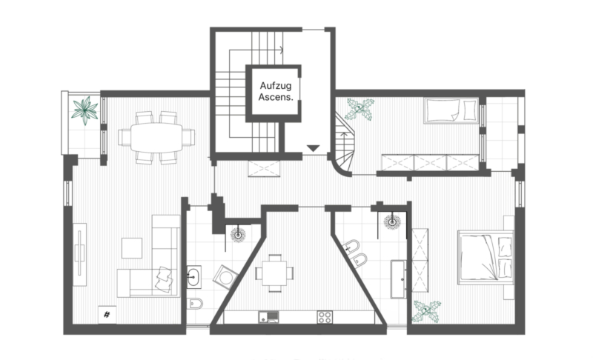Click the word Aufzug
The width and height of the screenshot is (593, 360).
[x=276, y=86]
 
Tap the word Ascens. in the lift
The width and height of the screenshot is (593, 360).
[x=276, y=97]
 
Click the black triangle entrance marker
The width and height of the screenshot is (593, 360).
[x=313, y=148]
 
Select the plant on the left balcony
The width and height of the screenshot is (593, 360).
[x=85, y=110]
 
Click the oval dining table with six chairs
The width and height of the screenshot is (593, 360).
[x=156, y=138]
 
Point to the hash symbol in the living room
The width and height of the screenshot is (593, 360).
[x=107, y=314]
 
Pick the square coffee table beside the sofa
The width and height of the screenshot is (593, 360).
[x=132, y=248]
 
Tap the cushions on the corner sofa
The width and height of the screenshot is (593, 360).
[x=164, y=279]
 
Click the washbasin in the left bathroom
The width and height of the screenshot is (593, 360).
[x=193, y=277]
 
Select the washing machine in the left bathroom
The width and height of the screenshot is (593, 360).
[x=225, y=277]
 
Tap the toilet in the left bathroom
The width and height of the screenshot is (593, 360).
[x=195, y=303]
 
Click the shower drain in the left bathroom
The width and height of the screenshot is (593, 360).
[x=238, y=235]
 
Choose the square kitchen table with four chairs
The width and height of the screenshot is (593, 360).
[x=274, y=273]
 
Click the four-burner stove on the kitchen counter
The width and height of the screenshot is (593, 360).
[x=325, y=317]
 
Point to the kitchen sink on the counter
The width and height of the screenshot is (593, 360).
[x=268, y=317]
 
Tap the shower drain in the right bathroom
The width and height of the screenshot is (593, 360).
[x=392, y=221]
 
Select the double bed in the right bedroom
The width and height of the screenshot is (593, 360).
[x=486, y=257]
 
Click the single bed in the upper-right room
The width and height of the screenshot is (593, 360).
[x=451, y=110]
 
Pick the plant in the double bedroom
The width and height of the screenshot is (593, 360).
[x=426, y=311]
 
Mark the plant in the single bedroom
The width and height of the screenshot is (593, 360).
[x=360, y=109]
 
